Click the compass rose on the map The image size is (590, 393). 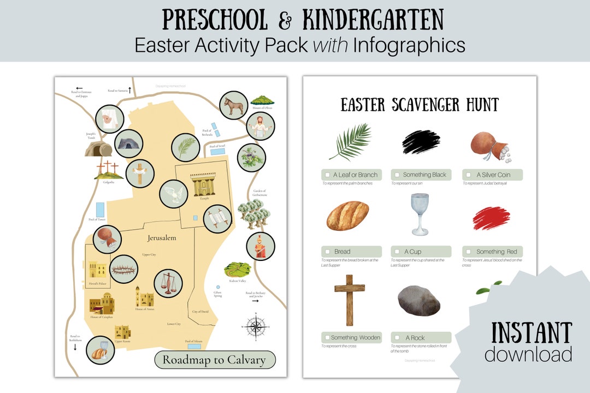coord(255,326)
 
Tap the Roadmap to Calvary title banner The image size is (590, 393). coord(215,360)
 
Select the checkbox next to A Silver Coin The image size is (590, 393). coord(468,175)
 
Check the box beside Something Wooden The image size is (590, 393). coord(326,337)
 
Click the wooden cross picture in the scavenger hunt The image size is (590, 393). coord(350,300)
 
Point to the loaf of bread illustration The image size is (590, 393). coord(347,216)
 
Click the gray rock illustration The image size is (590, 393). coord(419,301)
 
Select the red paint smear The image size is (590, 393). coord(491,218)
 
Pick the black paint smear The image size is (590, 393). coord(421,142)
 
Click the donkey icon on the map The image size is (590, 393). coord(234,105)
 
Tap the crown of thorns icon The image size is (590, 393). coord(123,269)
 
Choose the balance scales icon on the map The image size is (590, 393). coord(168,283)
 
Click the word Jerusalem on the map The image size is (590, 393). coord(162,238)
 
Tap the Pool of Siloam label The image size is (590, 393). coord(194,341)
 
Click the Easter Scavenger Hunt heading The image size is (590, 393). coord(420,104)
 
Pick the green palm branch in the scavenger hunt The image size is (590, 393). coord(351,141)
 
